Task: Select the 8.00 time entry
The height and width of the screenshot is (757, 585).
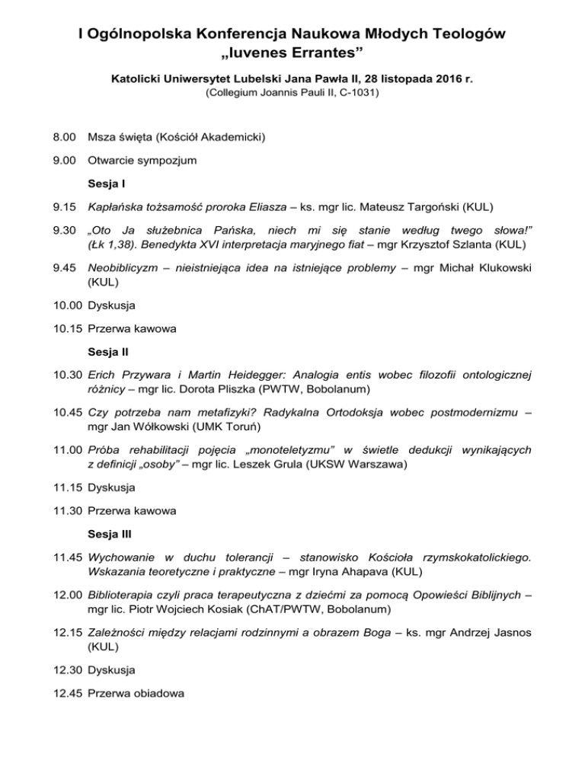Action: pos(63,137)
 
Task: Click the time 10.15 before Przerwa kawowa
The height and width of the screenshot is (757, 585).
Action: pos(66,329)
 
